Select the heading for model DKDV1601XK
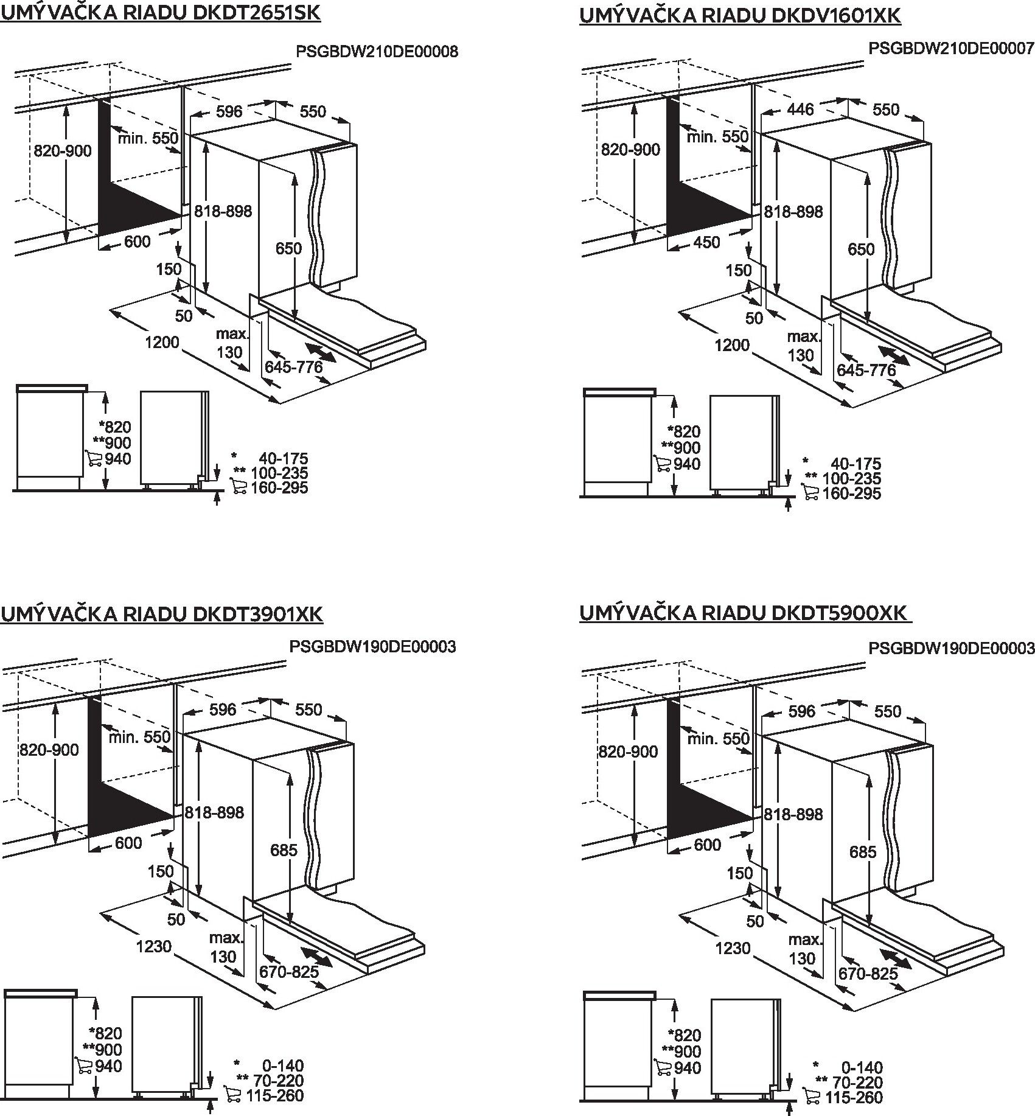pos(739,15)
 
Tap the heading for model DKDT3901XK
pos(161,615)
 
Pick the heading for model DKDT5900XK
pos(744,613)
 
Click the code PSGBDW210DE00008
pos(377,52)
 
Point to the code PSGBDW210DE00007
pos(951,48)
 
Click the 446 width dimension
pos(800,109)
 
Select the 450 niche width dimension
pos(706,242)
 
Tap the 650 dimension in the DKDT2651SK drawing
pos(288,248)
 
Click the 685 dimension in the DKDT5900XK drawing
pos(863,852)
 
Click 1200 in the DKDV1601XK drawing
pos(731,345)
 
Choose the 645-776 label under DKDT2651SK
pos(293,367)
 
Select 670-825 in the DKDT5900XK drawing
pos(868,974)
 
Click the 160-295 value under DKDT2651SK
pos(279,488)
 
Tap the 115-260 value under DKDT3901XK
pos(274,1095)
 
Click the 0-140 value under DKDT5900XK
pos(862,1067)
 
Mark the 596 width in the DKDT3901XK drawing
pos(223,710)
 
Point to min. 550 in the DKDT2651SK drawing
pos(148,139)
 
